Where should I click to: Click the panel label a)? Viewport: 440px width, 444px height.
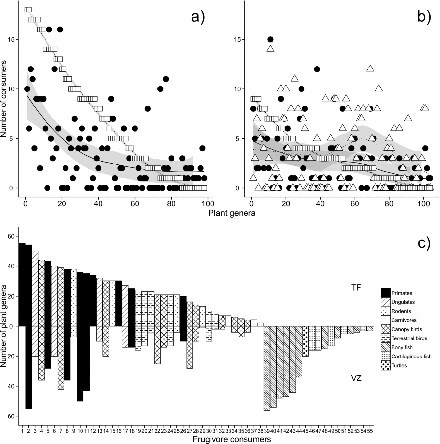coord(197,16)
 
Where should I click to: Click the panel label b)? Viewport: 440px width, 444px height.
coord(424,16)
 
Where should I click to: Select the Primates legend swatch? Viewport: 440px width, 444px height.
coord(386,293)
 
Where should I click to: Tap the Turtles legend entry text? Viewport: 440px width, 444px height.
coord(399,365)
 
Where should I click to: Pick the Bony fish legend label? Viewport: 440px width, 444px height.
coord(402,347)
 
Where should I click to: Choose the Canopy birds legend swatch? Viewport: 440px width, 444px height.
coord(386,329)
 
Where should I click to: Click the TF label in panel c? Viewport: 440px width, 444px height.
coord(356,288)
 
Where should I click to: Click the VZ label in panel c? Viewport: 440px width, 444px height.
coord(356,378)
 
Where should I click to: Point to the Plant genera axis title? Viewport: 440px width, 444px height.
coord(232,213)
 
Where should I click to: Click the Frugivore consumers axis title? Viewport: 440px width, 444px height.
coord(232,439)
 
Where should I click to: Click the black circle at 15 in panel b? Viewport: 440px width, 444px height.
coord(270,39)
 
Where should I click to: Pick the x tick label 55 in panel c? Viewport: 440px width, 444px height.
coord(370,430)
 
